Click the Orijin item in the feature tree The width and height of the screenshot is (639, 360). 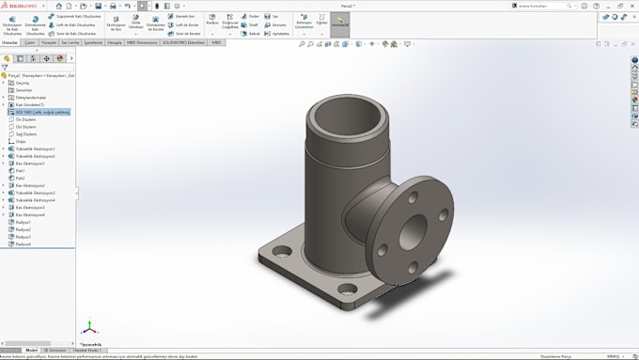point(21,141)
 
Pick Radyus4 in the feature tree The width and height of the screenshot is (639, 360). point(23,244)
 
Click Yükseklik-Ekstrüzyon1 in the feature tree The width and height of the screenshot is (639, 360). point(35,149)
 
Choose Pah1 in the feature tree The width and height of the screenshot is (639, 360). point(21,170)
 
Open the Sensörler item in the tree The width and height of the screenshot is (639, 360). point(23,90)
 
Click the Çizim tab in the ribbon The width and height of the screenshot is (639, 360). point(31,42)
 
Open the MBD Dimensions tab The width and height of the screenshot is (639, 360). point(141,42)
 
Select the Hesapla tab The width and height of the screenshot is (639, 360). point(115,42)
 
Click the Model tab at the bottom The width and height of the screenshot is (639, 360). point(31,350)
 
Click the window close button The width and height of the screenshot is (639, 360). point(632,6)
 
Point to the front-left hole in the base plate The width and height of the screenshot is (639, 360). point(278,252)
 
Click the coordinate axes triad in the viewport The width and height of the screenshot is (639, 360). point(88,328)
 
